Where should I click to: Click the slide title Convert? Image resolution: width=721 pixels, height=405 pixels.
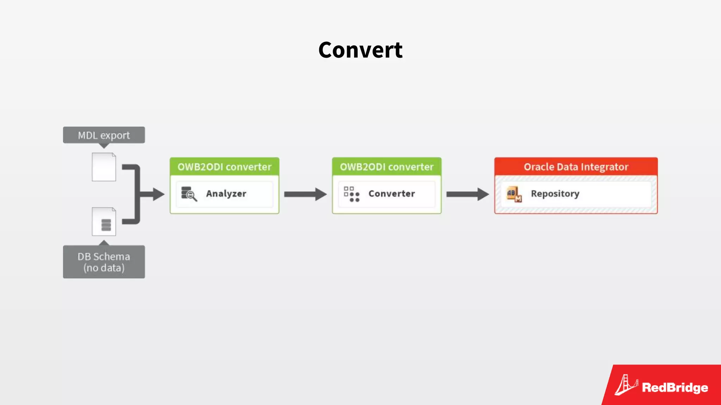(360, 50)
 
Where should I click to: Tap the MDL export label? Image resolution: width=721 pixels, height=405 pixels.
(104, 135)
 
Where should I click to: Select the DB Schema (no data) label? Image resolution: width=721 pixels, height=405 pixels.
(104, 262)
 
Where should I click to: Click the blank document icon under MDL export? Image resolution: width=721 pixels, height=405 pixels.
(104, 167)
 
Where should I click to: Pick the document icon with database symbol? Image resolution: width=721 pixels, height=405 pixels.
(104, 222)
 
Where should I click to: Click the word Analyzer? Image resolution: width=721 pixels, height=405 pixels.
(226, 194)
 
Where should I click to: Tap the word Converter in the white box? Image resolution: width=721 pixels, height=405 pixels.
(391, 194)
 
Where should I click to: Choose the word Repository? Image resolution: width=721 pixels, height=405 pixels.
(555, 194)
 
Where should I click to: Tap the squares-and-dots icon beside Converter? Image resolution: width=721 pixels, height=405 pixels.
(352, 194)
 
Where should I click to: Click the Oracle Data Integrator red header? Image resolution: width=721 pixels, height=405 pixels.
(576, 167)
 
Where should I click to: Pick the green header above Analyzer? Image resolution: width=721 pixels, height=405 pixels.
(224, 167)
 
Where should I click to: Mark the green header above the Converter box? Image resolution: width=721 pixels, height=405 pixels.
(387, 167)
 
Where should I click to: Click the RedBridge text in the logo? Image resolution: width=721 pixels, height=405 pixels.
(675, 387)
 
